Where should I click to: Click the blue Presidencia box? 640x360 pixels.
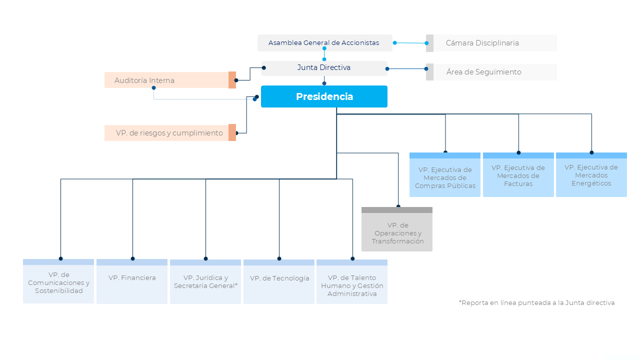pyautogui.click(x=324, y=96)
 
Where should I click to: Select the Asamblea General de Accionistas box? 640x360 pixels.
pyautogui.click(x=325, y=43)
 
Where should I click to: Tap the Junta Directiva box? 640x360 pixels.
pyautogui.click(x=324, y=68)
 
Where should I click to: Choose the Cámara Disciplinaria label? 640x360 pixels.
pyautogui.click(x=482, y=43)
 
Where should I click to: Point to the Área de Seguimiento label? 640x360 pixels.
pyautogui.click(x=483, y=71)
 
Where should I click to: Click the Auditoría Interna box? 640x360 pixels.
pyautogui.click(x=170, y=80)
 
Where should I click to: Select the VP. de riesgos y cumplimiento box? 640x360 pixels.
pyautogui.click(x=170, y=133)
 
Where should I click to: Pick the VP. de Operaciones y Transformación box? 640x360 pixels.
pyautogui.click(x=397, y=229)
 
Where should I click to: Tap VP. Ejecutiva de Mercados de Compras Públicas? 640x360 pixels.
pyautogui.click(x=445, y=174)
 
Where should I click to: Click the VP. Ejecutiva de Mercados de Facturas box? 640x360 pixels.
pyautogui.click(x=518, y=174)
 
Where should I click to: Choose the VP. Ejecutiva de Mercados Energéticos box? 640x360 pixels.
pyautogui.click(x=591, y=174)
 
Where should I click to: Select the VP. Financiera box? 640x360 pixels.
pyautogui.click(x=132, y=281)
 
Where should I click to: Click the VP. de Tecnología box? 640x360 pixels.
pyautogui.click(x=279, y=281)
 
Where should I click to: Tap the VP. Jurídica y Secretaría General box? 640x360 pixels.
pyautogui.click(x=205, y=281)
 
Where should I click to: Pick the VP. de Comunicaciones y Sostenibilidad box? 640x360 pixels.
pyautogui.click(x=58, y=281)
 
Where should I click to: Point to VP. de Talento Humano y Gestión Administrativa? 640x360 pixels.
pyautogui.click(x=352, y=281)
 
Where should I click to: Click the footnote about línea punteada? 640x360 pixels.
pyautogui.click(x=536, y=303)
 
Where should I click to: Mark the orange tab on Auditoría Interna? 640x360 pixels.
pyautogui.click(x=232, y=80)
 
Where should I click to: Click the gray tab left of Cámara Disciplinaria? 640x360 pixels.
pyautogui.click(x=429, y=43)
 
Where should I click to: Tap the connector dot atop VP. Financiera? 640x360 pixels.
pyautogui.click(x=132, y=258)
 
